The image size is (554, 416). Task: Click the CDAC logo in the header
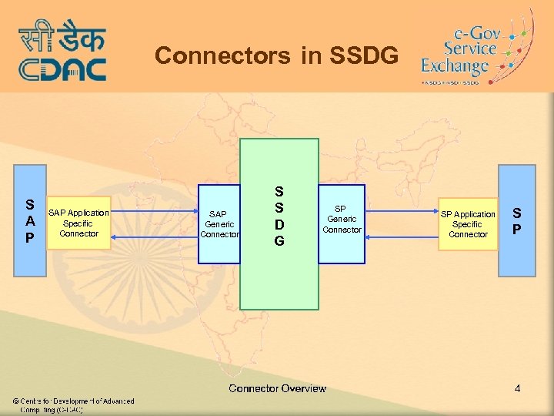[x=62, y=50]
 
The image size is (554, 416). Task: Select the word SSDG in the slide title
[x=364, y=55]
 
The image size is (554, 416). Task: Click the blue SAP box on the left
[x=29, y=220]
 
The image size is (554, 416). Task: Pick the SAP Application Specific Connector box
[x=78, y=223]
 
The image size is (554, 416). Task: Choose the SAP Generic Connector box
[x=219, y=224]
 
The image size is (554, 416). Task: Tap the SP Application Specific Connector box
[x=468, y=224]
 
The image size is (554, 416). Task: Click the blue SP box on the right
[x=516, y=220]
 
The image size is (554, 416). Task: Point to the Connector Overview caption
[x=277, y=388]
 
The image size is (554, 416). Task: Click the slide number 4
[x=518, y=389]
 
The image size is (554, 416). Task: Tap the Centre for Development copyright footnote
[x=73, y=405]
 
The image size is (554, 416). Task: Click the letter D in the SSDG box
[x=279, y=224]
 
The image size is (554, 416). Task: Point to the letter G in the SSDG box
[x=279, y=241]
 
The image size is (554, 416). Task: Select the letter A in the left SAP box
[x=29, y=221]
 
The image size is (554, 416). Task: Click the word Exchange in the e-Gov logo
[x=455, y=67]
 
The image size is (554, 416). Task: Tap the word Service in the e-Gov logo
[x=470, y=48]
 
